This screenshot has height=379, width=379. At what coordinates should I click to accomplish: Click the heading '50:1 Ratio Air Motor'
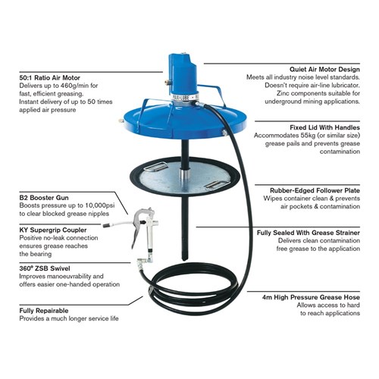click(x=50, y=77)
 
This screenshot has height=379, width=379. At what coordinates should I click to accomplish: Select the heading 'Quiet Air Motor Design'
click(x=324, y=69)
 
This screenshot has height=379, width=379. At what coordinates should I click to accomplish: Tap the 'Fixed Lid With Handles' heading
click(x=324, y=127)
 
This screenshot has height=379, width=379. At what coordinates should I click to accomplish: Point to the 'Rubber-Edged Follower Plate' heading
click(x=315, y=190)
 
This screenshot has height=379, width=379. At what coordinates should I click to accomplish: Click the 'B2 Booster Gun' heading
click(x=44, y=198)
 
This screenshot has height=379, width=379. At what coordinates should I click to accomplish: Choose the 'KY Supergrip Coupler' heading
click(x=53, y=230)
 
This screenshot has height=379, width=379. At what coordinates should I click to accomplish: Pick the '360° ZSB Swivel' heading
click(x=45, y=268)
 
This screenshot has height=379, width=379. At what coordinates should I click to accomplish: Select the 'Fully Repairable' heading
click(x=44, y=311)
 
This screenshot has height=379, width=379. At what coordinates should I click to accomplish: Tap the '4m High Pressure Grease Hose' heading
click(x=311, y=297)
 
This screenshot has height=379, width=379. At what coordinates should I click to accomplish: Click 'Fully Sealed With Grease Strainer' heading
click(x=309, y=233)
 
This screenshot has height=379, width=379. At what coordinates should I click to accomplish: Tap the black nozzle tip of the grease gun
click(x=106, y=225)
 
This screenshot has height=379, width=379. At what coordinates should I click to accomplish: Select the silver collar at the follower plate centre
click(x=185, y=174)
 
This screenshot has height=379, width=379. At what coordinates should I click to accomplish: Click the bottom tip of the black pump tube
click(x=185, y=259)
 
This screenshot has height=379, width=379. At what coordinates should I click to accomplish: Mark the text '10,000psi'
click(x=100, y=205)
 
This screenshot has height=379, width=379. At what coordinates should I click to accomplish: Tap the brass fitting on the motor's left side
click(x=166, y=82)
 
